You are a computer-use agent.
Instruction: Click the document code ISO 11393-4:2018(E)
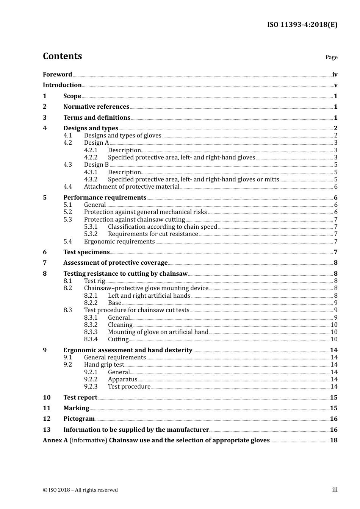pos(302,25)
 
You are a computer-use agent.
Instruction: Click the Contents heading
pos(62,56)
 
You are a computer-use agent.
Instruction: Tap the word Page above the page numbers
pos(331,57)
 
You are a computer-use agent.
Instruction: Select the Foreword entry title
pos(57,75)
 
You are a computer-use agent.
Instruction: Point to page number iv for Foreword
pos(335,75)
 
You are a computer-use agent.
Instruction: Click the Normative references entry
pos(96,107)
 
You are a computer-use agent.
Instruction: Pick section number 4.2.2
pos(91,158)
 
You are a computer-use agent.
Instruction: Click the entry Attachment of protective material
pos(131,187)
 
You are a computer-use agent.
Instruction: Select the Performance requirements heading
pos(105,198)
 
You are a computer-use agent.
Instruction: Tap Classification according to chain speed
pos(162,227)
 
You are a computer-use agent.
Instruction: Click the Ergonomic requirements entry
pos(119,242)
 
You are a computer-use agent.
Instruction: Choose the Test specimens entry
pos(86,252)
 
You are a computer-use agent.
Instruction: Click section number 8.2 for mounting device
pos(67,288)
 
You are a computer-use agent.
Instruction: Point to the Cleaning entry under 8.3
pos(120,325)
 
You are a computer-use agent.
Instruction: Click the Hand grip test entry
pos(104,365)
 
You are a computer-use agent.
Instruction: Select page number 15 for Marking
pos(333,408)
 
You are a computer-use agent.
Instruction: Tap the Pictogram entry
pos(79,419)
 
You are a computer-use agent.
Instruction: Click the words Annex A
pos(55,440)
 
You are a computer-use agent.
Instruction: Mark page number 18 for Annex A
pos(333,440)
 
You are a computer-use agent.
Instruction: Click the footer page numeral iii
pos(335,490)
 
